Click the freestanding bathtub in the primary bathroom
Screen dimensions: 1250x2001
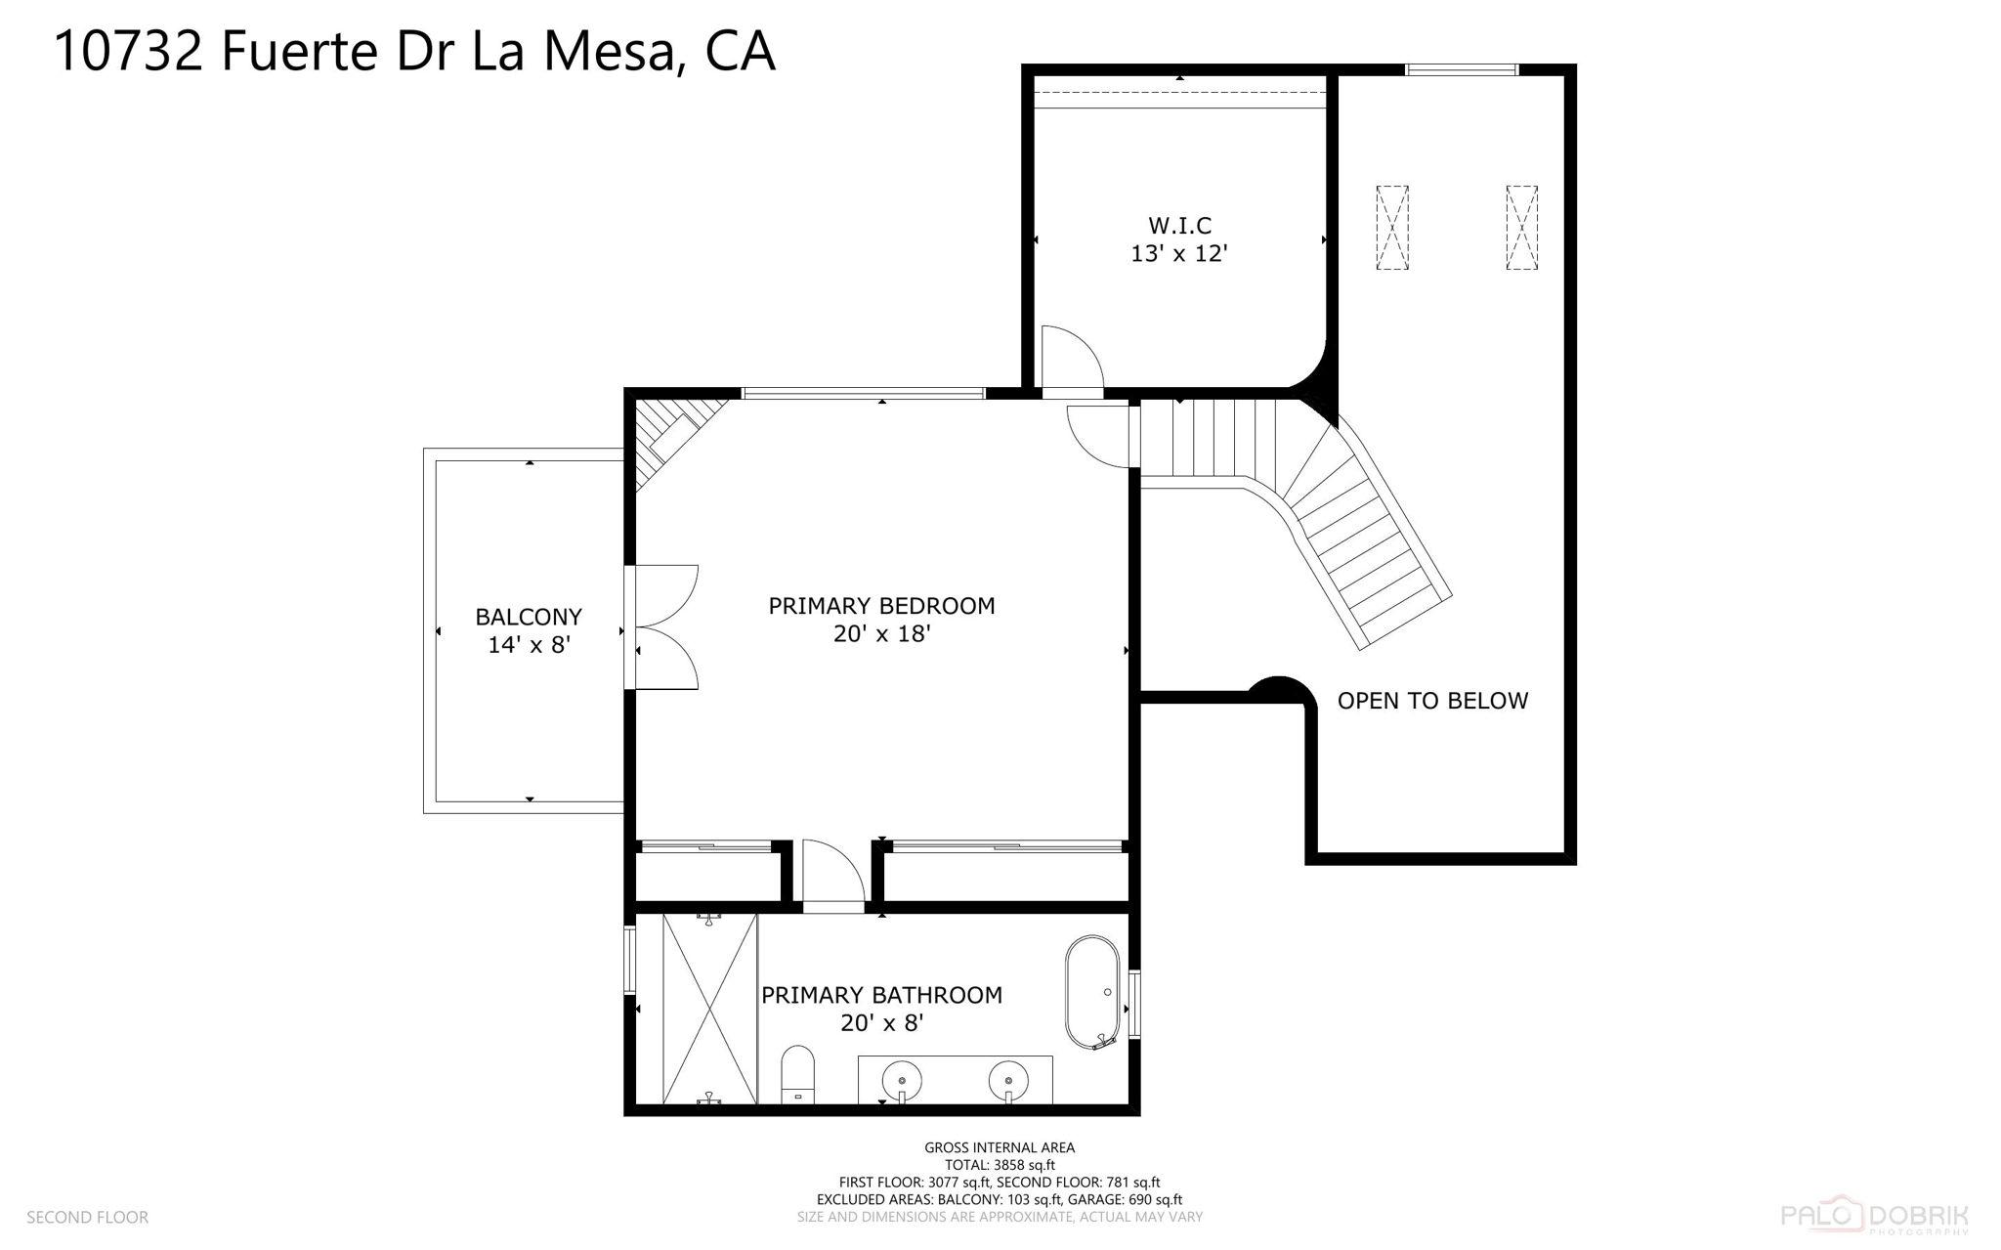(1092, 992)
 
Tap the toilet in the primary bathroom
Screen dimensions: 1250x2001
(797, 1075)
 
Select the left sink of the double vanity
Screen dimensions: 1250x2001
(901, 1081)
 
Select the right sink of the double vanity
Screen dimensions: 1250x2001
(1007, 1081)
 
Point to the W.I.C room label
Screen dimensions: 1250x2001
(1179, 226)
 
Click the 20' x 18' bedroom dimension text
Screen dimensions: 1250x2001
(881, 634)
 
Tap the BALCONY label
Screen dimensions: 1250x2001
(529, 617)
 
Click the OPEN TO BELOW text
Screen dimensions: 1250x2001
(1432, 701)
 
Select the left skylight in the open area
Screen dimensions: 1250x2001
(1391, 228)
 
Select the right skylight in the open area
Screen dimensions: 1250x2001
(1521, 228)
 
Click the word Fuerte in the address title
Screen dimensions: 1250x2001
(299, 51)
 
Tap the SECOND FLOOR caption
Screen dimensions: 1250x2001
(87, 1217)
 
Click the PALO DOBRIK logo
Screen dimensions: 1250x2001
(1874, 1217)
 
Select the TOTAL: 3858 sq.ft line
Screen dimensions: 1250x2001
(1000, 1165)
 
